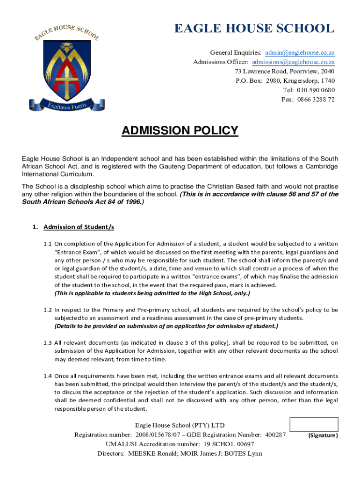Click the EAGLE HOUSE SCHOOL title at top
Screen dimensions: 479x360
[x=254, y=29]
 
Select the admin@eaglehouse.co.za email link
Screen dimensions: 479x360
[x=300, y=52]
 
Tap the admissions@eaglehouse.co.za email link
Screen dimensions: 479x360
[x=293, y=62]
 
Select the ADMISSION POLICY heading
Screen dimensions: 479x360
[x=180, y=131]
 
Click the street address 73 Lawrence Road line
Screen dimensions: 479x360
[x=284, y=71]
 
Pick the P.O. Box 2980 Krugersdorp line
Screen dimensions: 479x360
[x=285, y=80]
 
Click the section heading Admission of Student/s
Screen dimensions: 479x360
[x=79, y=227]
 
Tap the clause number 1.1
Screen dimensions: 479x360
[x=48, y=244]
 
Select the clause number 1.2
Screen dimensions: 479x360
[x=48, y=310]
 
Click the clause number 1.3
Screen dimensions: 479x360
[x=48, y=343]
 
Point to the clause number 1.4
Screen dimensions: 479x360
[x=48, y=376]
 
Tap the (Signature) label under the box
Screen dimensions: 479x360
[x=323, y=435]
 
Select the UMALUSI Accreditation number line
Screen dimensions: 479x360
[x=180, y=444]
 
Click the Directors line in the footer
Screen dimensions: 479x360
[x=180, y=453]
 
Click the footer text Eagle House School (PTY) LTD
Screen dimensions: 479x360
[x=180, y=425]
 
